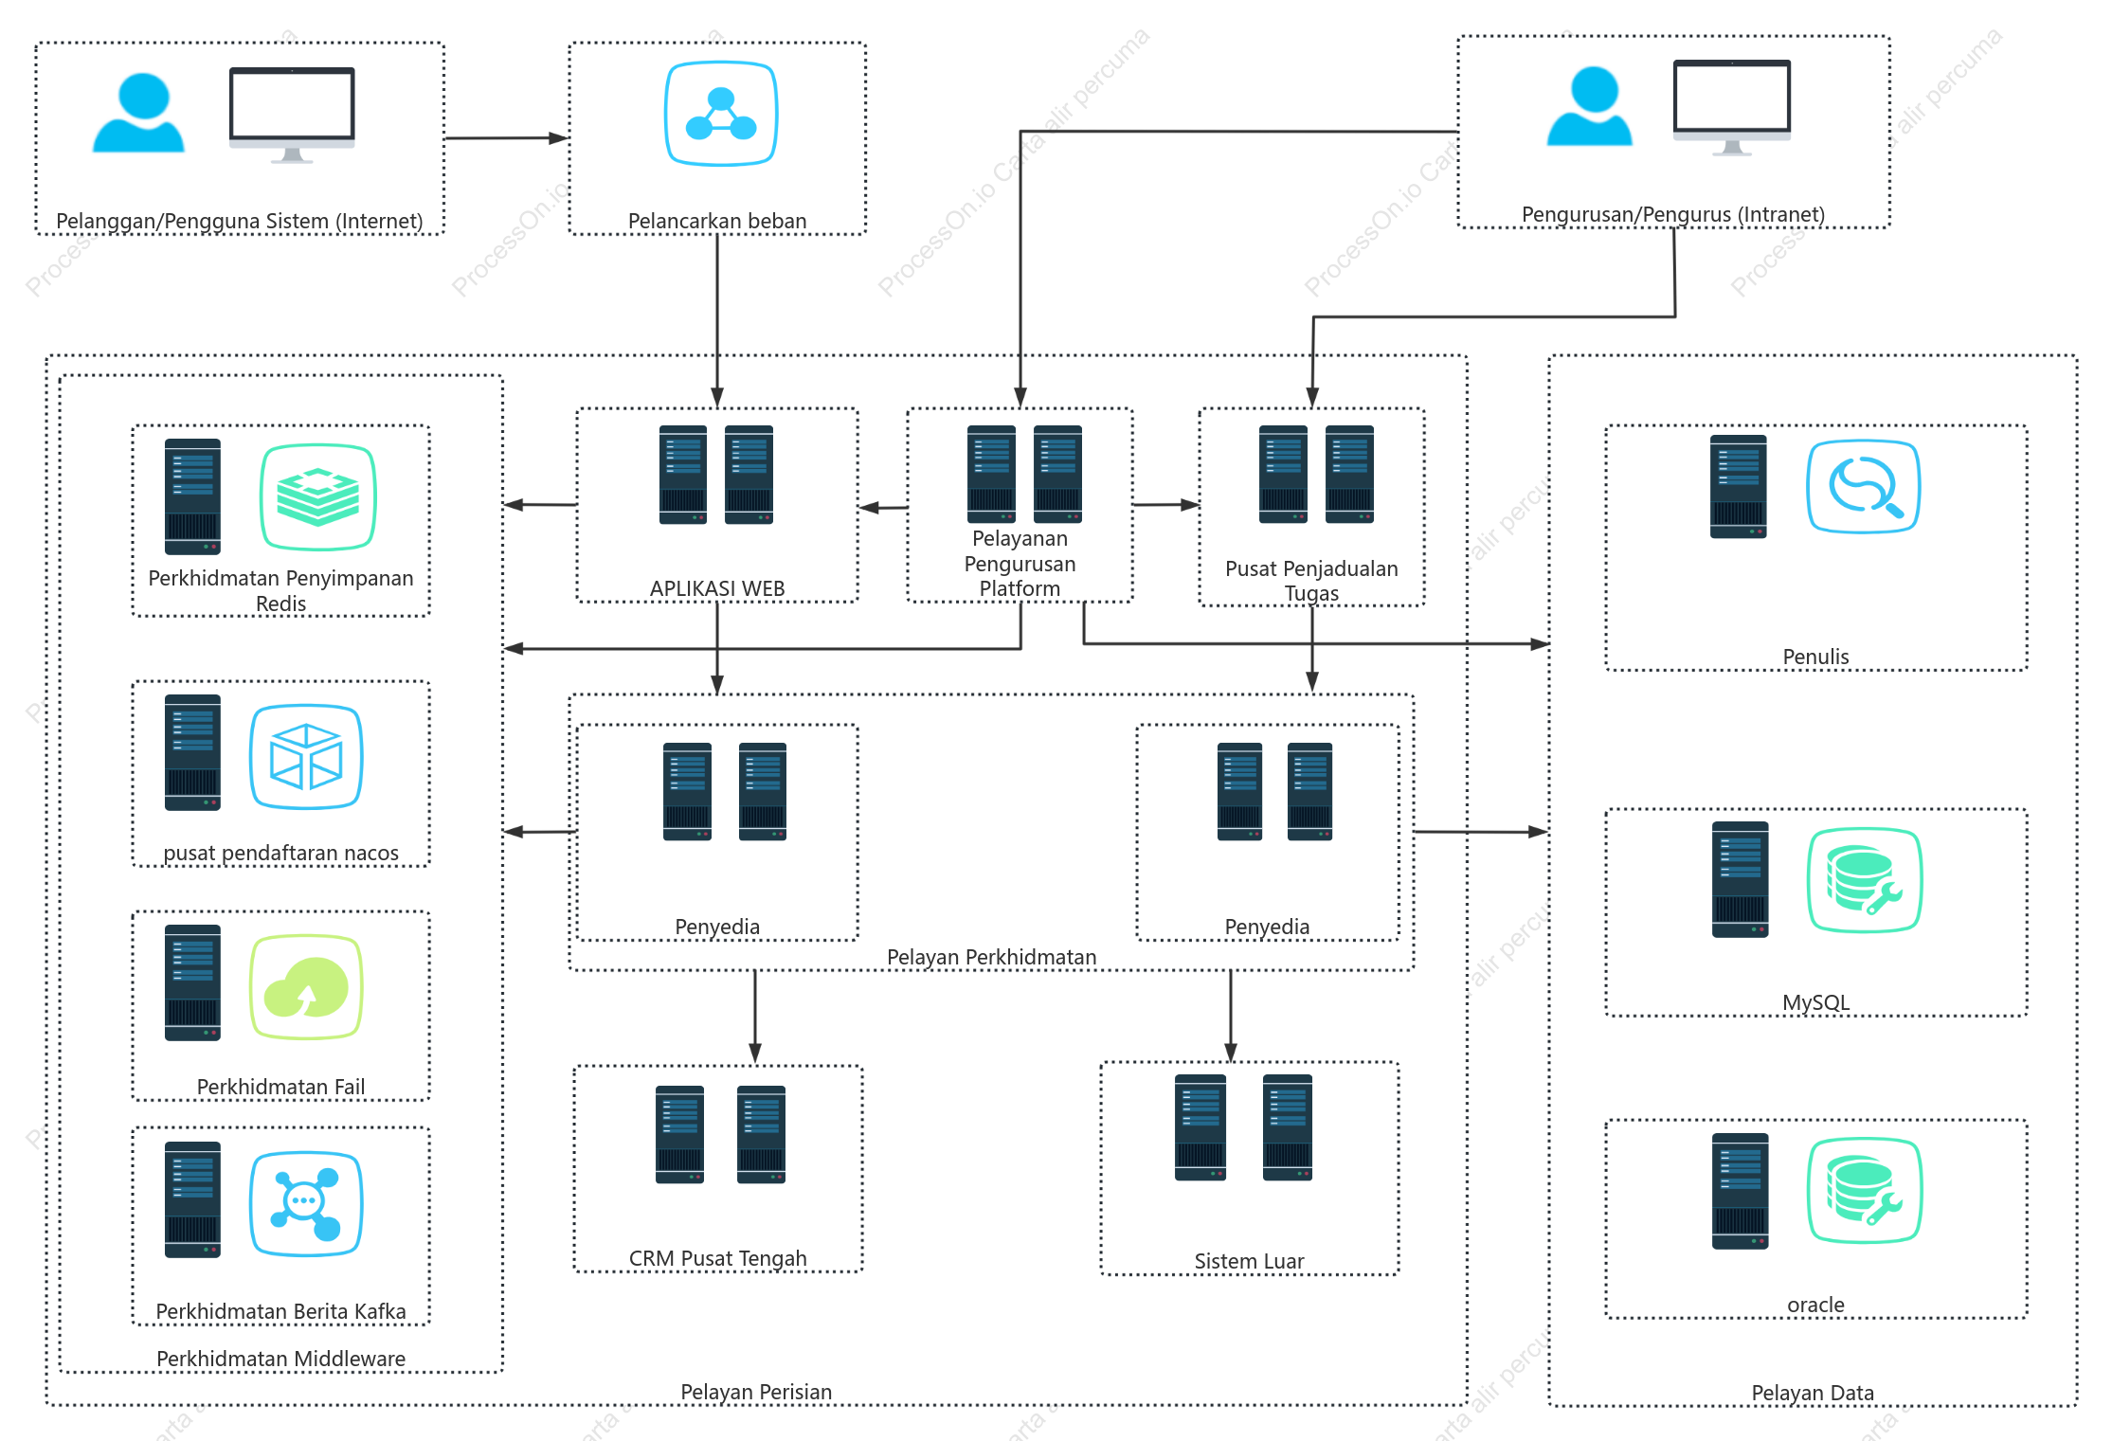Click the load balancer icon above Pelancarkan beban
(x=721, y=114)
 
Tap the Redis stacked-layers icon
(x=318, y=497)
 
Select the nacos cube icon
(x=306, y=757)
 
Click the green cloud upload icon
(x=306, y=987)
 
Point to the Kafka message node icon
(x=306, y=1204)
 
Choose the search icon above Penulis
(x=1864, y=487)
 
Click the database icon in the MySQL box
(x=1865, y=880)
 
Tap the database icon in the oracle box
(x=1865, y=1190)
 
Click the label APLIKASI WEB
(x=717, y=588)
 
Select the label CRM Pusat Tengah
(x=718, y=1258)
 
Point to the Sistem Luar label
(x=1249, y=1261)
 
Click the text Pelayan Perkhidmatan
(x=991, y=957)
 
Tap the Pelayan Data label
(x=1813, y=1393)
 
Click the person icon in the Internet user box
(x=138, y=113)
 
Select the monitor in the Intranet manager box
(x=1732, y=107)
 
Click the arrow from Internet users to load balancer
(x=507, y=138)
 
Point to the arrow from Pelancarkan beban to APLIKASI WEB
(x=717, y=321)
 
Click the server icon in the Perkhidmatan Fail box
(x=192, y=982)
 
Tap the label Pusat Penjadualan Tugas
(x=1311, y=581)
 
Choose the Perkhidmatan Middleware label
(x=280, y=1359)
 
